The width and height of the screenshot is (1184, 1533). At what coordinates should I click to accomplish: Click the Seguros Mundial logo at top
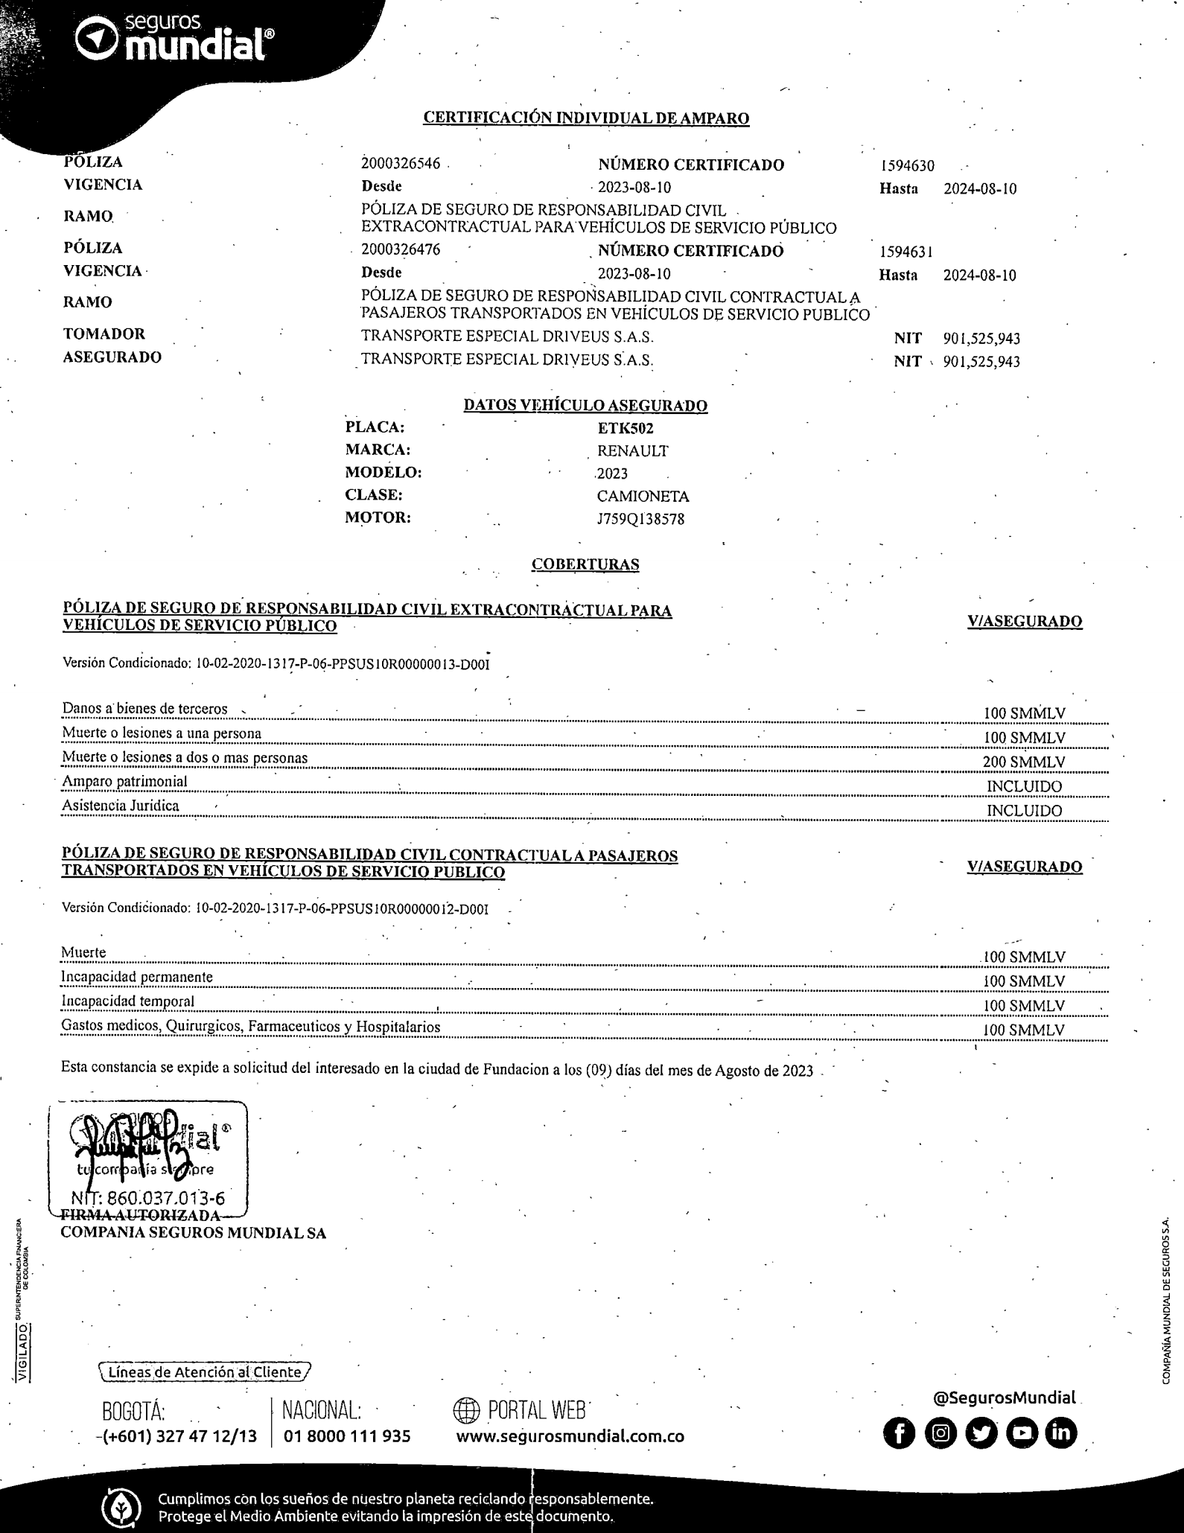tap(176, 39)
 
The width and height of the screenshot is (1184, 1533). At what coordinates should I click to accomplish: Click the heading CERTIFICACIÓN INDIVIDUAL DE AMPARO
tap(586, 118)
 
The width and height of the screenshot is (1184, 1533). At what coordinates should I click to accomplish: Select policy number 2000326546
tap(401, 164)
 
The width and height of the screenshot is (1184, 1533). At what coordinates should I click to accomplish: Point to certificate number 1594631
tap(906, 252)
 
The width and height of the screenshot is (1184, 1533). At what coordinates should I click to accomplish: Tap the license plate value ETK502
tap(626, 429)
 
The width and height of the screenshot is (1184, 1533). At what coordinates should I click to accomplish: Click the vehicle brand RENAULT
tap(633, 451)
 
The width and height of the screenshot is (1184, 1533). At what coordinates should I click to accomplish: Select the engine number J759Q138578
tap(640, 519)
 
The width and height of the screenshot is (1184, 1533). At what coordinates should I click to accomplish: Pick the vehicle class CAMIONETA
tap(643, 497)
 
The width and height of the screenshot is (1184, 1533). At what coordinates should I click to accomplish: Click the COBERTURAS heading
tap(585, 564)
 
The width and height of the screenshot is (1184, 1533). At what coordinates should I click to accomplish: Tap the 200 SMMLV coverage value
tap(1024, 762)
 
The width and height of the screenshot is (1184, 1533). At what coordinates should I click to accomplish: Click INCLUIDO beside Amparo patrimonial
tap(1025, 787)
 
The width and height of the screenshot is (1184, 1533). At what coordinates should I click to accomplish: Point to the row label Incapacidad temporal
tap(127, 1001)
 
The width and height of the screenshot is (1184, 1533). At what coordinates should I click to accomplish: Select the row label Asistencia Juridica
tap(121, 806)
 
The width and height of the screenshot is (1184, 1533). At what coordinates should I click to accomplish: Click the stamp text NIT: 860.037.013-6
tap(148, 1199)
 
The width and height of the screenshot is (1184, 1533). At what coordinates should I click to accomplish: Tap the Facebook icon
tap(899, 1433)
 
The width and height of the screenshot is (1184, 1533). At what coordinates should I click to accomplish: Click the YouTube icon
tap(1021, 1433)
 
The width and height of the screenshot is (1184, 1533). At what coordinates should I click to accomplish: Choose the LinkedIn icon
tap(1061, 1433)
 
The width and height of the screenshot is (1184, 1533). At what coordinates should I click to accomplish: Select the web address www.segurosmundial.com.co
tap(570, 1436)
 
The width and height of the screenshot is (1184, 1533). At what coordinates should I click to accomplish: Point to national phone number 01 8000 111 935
tap(347, 1436)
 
